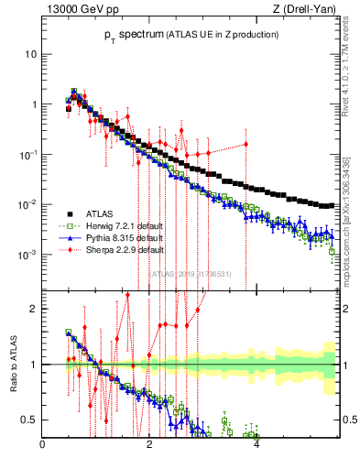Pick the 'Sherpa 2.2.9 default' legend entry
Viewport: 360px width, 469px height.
click(x=115, y=248)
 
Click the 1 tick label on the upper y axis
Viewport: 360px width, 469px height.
click(x=34, y=104)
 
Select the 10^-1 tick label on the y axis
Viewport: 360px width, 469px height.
click(x=28, y=154)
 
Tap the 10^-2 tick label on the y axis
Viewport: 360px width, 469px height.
click(x=28, y=204)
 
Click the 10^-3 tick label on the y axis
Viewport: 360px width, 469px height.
click(x=28, y=254)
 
